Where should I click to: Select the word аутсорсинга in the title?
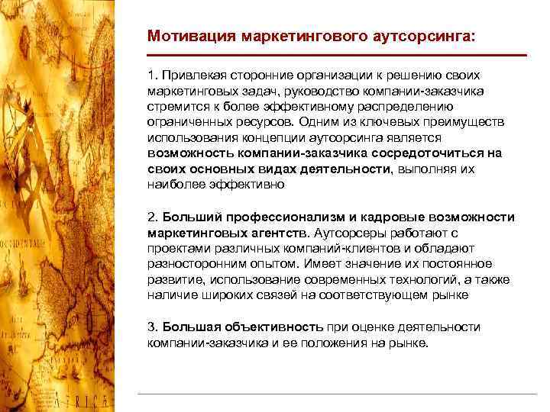point(423,35)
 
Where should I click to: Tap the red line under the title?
point(337,55)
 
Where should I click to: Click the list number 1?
point(151,77)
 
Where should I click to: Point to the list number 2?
point(151,217)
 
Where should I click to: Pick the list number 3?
point(151,327)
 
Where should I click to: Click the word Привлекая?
point(190,77)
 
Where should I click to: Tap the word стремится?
point(176,106)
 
